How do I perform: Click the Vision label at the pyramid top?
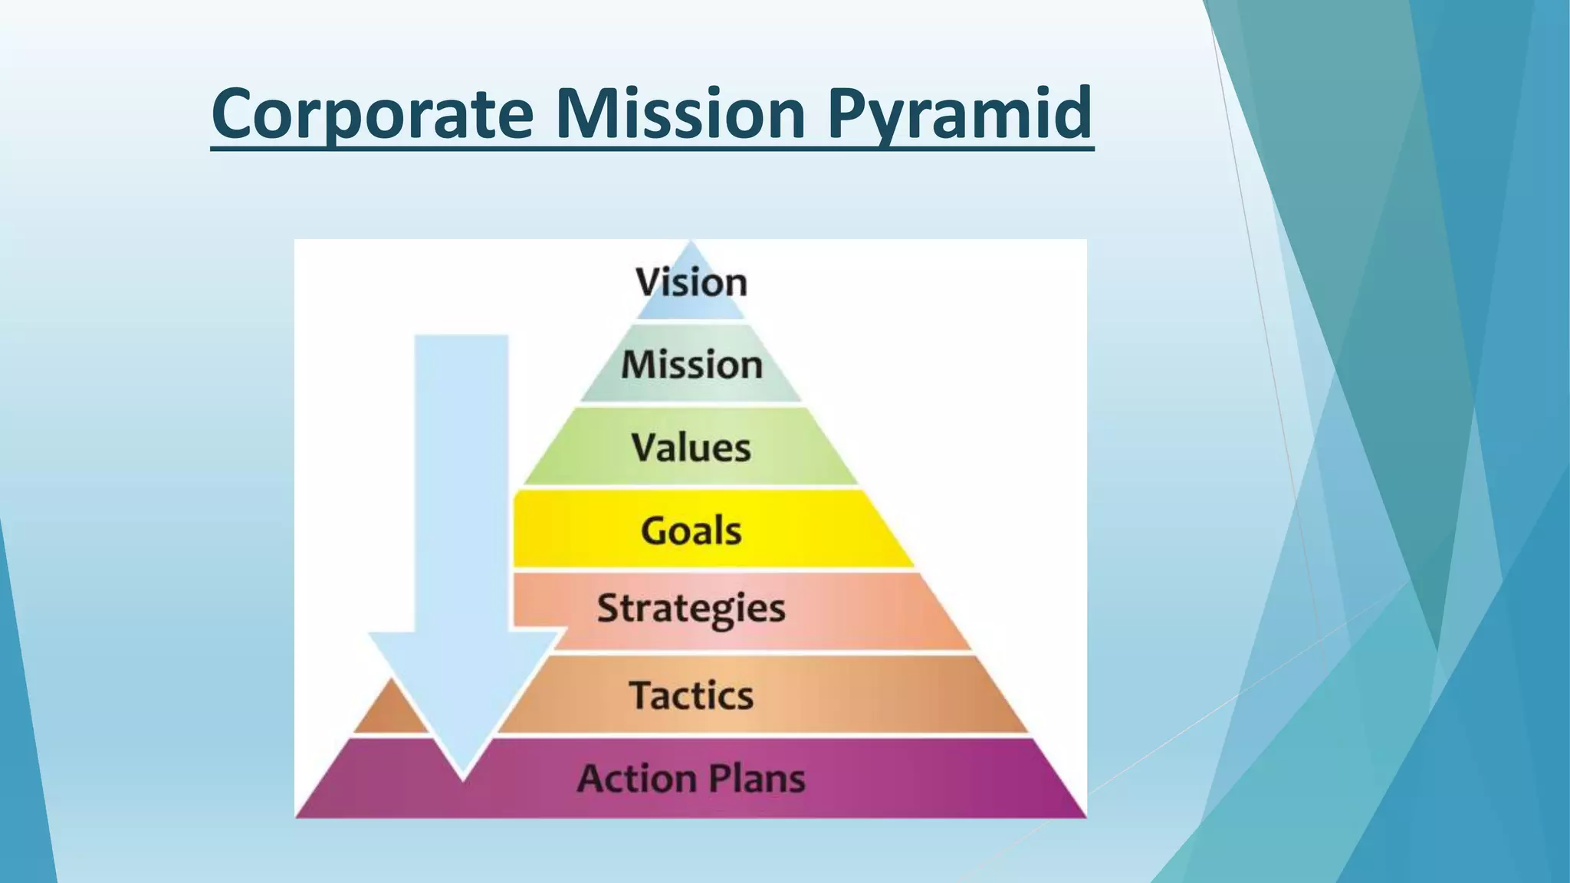click(x=691, y=282)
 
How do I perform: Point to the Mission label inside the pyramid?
click(x=691, y=364)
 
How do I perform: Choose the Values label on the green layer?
click(x=691, y=448)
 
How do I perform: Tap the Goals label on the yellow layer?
click(x=691, y=530)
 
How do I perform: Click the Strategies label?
click(x=691, y=609)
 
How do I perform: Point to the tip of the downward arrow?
click(x=462, y=778)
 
